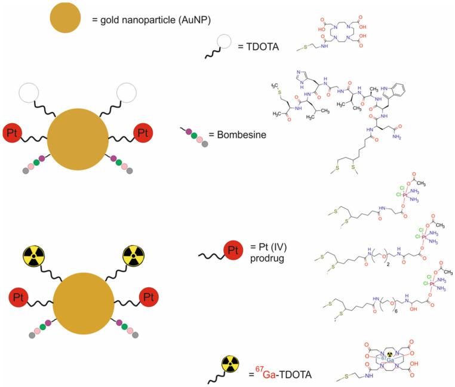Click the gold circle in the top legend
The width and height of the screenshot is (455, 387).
point(62,20)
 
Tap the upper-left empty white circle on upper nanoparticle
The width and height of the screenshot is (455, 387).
point(30,93)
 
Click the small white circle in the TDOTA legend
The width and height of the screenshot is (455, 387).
point(225,41)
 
